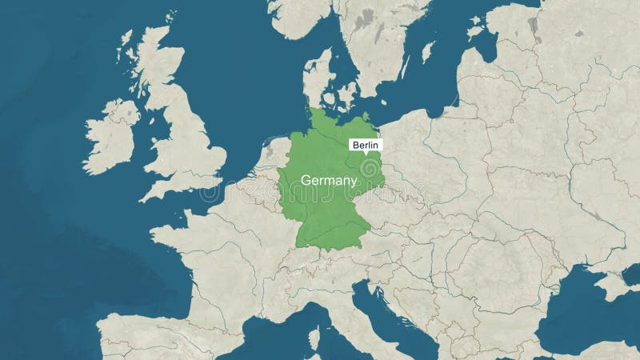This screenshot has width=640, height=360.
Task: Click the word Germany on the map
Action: coord(329,181)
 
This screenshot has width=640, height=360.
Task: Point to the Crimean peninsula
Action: coord(615,284)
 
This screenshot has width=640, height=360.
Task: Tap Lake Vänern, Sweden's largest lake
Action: coord(364,17)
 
